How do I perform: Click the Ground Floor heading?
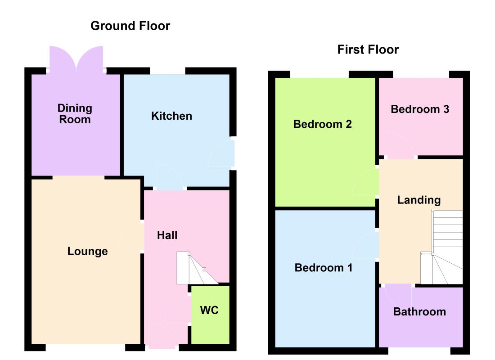[130, 26]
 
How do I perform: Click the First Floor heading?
[368, 49]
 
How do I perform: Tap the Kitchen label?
[171, 116]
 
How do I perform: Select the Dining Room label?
[75, 114]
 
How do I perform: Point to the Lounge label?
[87, 251]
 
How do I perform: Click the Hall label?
[167, 235]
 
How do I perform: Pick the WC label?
[209, 310]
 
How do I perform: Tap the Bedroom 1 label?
[323, 268]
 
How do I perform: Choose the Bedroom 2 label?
[322, 124]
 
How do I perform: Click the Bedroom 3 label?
[420, 109]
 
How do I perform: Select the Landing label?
[418, 200]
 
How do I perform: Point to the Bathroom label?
[419, 312]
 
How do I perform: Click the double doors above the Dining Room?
[76, 59]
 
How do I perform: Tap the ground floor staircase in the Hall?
[197, 268]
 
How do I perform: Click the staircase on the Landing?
[441, 247]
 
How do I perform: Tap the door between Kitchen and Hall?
[170, 176]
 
